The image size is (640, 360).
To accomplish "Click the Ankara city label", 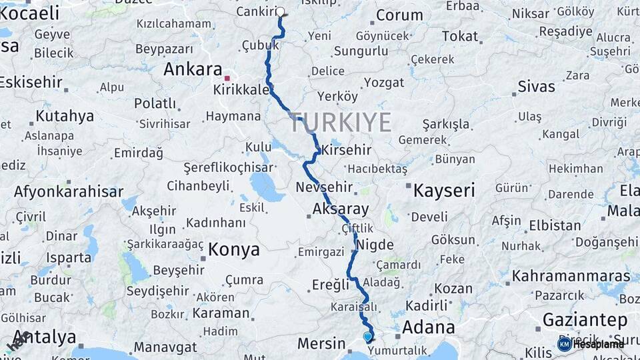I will click(193, 69).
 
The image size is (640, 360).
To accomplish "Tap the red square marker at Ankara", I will click(227, 78).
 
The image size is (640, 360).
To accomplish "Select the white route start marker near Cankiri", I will click(280, 11).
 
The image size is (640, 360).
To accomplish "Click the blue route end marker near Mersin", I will click(367, 337).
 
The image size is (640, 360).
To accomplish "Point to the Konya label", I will click(233, 249).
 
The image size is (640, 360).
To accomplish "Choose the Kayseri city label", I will click(444, 191).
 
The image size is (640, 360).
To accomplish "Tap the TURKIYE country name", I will click(340, 122).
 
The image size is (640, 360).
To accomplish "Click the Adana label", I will click(428, 327).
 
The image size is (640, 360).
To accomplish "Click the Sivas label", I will click(536, 87).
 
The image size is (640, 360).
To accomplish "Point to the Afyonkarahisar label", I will click(69, 192).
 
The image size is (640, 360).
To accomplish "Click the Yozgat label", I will click(383, 83).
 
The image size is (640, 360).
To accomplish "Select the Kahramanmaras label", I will click(571, 275).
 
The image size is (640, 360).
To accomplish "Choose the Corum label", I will click(399, 15).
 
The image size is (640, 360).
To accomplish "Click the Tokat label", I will click(460, 36).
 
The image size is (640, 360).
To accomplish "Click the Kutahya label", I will click(65, 116).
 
